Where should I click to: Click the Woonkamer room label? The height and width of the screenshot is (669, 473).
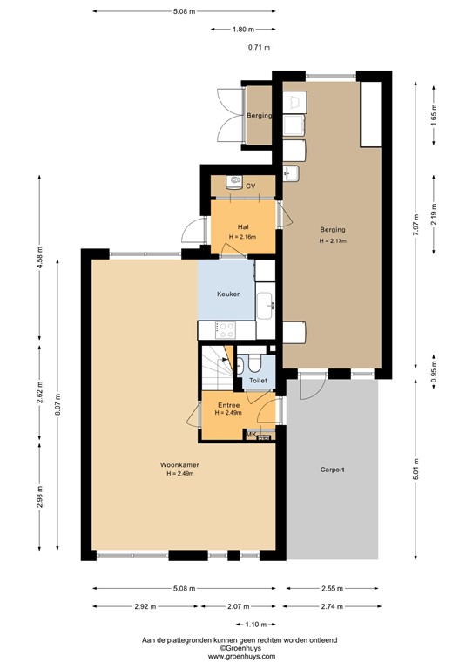click(179, 465)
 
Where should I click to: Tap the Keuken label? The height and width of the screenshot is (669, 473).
click(229, 294)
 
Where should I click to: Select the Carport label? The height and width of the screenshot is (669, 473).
click(333, 470)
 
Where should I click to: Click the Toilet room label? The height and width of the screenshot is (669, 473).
click(258, 382)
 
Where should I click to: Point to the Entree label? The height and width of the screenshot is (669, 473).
click(228, 405)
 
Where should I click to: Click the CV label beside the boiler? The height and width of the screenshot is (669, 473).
click(250, 186)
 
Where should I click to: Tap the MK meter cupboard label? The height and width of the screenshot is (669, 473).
click(251, 435)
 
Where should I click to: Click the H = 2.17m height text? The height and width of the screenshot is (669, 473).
click(333, 240)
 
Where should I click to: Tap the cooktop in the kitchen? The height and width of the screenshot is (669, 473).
click(226, 330)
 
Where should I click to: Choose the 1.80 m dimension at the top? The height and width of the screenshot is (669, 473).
click(244, 30)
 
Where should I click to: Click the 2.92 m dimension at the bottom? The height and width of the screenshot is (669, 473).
click(145, 606)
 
